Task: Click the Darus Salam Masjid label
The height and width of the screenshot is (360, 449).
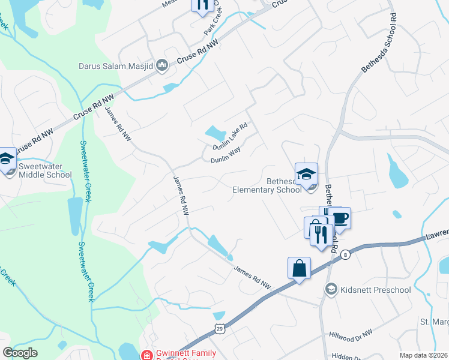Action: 115,66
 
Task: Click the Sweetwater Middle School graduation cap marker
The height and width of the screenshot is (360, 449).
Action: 7,160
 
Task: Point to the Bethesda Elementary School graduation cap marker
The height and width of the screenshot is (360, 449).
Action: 306,174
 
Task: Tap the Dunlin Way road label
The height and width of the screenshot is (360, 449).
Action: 225,160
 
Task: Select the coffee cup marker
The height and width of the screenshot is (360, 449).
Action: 340,218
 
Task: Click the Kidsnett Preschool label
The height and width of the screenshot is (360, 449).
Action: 375,290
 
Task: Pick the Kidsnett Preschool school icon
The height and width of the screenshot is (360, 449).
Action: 330,290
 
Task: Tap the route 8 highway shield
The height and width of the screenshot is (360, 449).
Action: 346,255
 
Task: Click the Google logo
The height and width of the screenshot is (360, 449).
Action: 20,353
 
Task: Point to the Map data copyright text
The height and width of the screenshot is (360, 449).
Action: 423,355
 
